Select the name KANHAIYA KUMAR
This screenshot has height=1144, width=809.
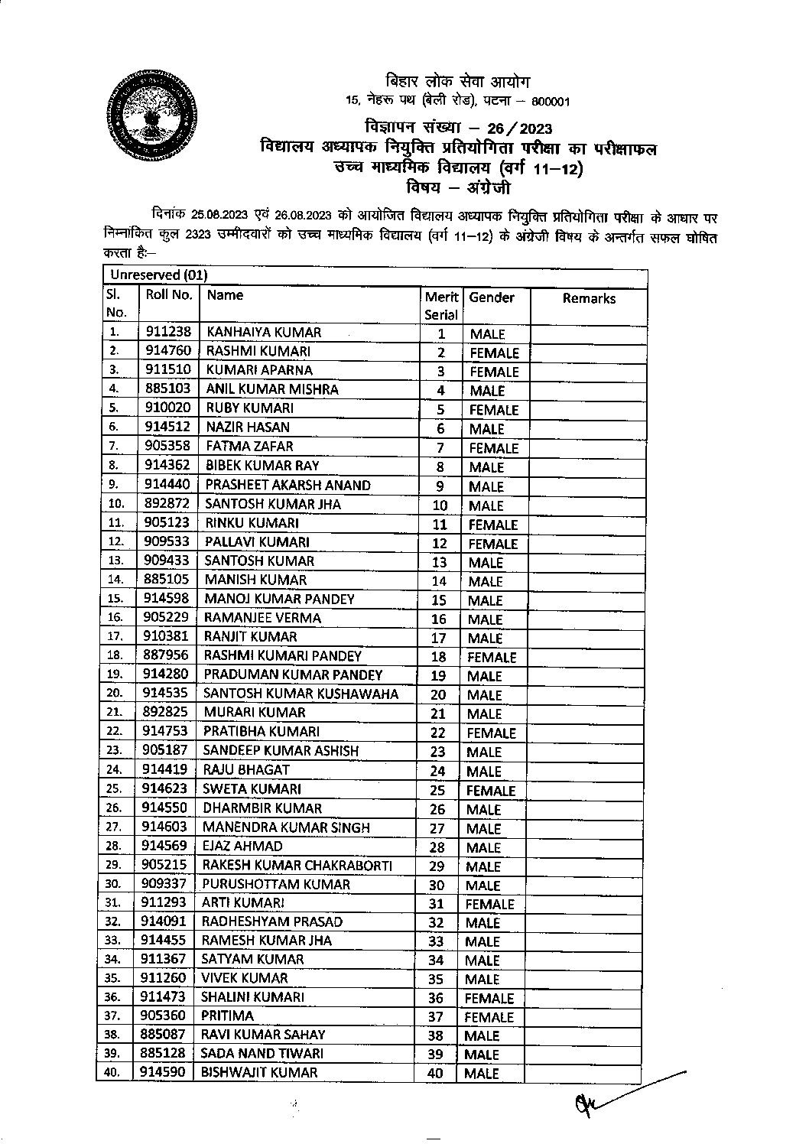pos(264,333)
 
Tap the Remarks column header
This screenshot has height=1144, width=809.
pos(589,299)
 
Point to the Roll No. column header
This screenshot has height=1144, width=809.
pos(169,295)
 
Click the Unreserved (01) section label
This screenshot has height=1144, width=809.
pos(158,275)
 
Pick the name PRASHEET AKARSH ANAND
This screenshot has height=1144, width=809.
pos(288,485)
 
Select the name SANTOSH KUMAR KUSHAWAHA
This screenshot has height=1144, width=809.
pos(301,694)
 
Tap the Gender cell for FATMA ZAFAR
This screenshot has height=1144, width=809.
pos(493,448)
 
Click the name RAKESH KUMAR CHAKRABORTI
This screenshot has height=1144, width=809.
pos(297,865)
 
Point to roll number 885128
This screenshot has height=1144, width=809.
pos(163,1053)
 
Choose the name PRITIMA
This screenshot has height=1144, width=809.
pos(227,1016)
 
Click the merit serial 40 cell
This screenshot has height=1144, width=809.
pos(437,1073)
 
